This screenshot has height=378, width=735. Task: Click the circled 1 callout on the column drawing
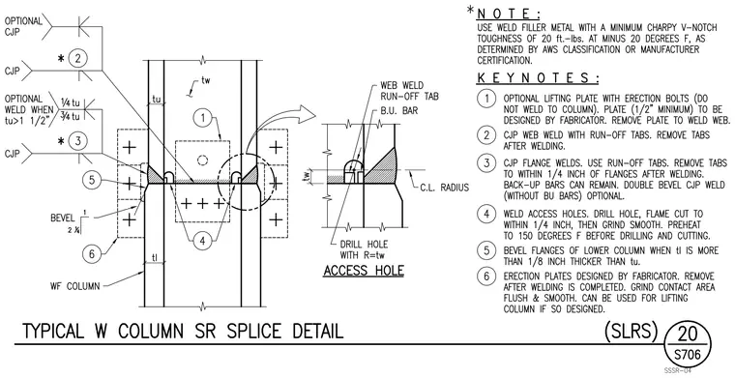click(203, 118)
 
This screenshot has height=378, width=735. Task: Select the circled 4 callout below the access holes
click(202, 242)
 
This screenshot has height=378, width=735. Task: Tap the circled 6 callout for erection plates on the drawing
click(92, 254)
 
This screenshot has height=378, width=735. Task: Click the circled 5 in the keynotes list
click(486, 250)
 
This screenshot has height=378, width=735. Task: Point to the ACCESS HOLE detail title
click(364, 271)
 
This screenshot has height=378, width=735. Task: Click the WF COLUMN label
click(75, 285)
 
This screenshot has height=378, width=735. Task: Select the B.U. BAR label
click(398, 111)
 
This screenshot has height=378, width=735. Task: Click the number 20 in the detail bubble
click(688, 334)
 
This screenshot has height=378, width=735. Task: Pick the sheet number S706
click(688, 354)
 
